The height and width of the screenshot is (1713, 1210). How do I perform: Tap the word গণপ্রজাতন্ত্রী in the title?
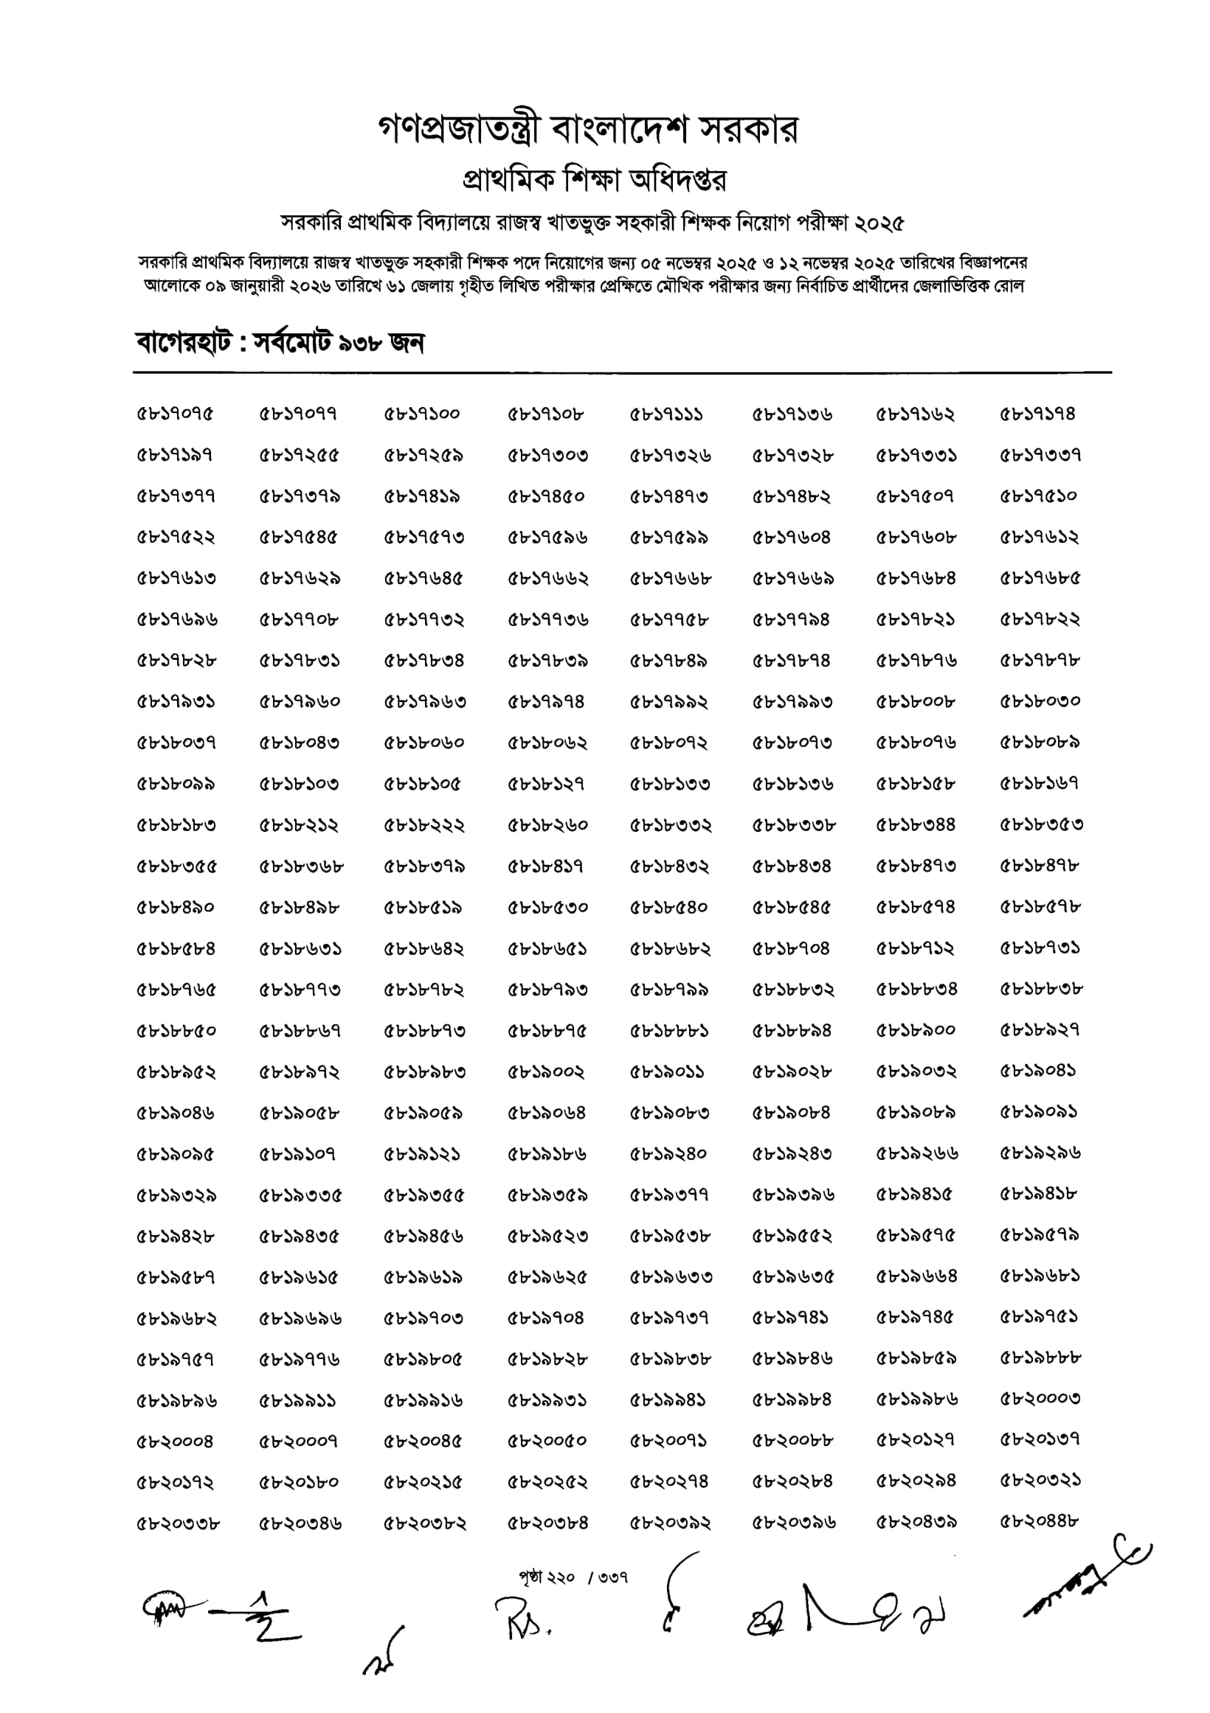(459, 131)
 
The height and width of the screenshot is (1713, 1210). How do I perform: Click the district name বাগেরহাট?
(183, 343)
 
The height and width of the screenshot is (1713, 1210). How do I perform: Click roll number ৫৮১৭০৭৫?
(175, 414)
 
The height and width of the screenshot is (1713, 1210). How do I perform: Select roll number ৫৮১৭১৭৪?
(1038, 414)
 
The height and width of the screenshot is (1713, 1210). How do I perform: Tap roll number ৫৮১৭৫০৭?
(915, 496)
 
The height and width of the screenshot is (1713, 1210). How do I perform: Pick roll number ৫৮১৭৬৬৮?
(670, 578)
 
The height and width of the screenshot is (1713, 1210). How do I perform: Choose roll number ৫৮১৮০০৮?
(915, 701)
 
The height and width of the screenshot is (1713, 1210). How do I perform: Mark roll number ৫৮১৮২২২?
(423, 825)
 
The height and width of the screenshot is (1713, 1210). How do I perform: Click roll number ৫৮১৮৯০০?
(915, 1030)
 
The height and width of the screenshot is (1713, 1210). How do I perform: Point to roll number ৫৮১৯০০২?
(546, 1071)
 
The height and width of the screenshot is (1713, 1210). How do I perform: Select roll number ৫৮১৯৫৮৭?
(175, 1277)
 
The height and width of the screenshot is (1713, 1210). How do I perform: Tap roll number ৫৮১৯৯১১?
(298, 1400)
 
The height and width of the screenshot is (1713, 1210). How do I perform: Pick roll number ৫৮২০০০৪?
(175, 1442)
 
